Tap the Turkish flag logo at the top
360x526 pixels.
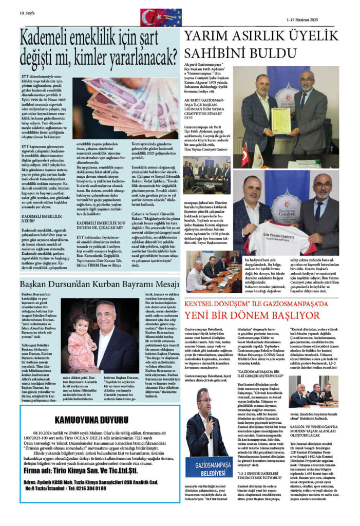(150, 17)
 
